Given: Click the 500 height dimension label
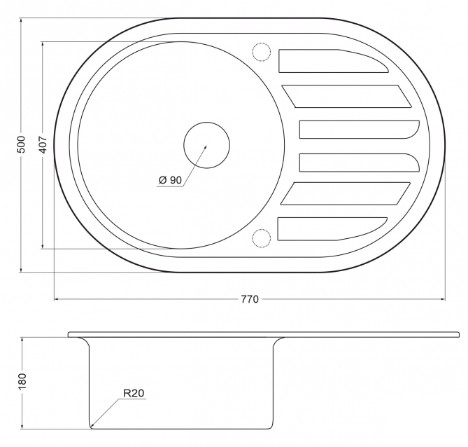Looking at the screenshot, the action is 22,144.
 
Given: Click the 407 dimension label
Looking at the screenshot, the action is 43,145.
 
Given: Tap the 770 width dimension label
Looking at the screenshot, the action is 250,299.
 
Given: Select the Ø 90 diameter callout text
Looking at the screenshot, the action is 170,180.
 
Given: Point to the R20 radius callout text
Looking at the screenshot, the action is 134,393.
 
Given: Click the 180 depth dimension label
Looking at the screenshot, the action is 22,381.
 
